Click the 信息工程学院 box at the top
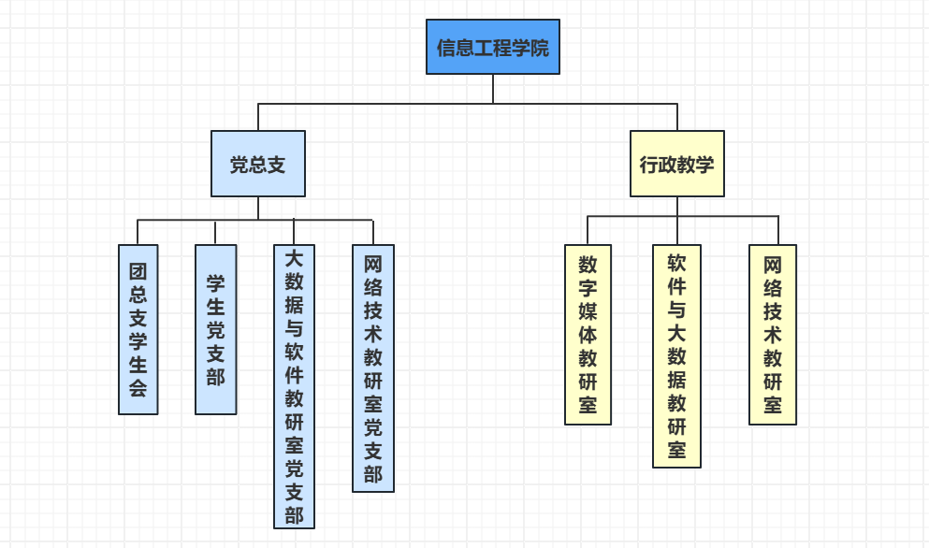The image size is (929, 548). pyautogui.click(x=493, y=47)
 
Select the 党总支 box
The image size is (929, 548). pyautogui.click(x=258, y=164)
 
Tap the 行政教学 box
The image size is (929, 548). pyautogui.click(x=676, y=164)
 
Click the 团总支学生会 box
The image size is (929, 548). pyautogui.click(x=138, y=329)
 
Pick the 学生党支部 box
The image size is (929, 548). pyautogui.click(x=215, y=329)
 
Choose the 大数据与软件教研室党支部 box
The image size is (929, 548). pyautogui.click(x=294, y=386)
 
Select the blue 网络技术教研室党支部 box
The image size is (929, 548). pyautogui.click(x=373, y=368)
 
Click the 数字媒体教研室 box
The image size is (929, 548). pyautogui.click(x=588, y=335)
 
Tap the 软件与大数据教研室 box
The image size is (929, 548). pyautogui.click(x=676, y=355)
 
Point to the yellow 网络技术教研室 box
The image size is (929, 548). pyautogui.click(x=773, y=335)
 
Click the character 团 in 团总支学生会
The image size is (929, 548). pyautogui.click(x=138, y=272)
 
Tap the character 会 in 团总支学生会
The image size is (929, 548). pyautogui.click(x=138, y=388)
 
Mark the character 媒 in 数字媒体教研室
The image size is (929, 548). pyautogui.click(x=588, y=310)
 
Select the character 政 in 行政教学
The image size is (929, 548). pyautogui.click(x=664, y=165)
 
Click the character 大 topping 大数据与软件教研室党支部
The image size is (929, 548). pyautogui.click(x=294, y=257)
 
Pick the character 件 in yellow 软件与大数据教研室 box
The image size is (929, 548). pyautogui.click(x=676, y=285)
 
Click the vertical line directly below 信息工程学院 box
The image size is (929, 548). pyautogui.click(x=493, y=89)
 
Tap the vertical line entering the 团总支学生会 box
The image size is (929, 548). pyautogui.click(x=138, y=232)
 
